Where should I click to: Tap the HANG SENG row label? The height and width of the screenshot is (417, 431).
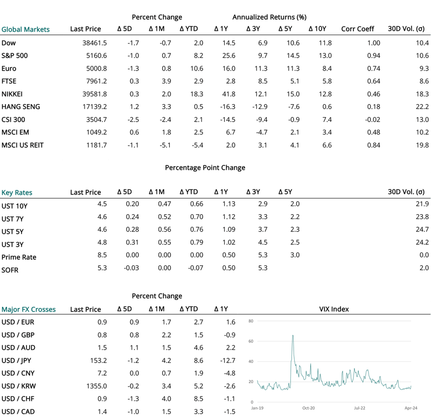click(21, 107)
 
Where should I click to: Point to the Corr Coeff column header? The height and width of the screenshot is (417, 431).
click(357, 29)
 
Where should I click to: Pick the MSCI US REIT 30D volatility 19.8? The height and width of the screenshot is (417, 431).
click(421, 146)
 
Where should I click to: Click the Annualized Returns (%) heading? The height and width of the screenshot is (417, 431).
click(269, 17)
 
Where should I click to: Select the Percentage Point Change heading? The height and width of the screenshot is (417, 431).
click(205, 167)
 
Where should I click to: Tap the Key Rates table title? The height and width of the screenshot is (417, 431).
click(17, 192)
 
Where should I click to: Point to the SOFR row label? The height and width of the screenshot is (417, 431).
click(10, 270)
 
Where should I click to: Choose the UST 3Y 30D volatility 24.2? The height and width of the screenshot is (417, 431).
click(421, 244)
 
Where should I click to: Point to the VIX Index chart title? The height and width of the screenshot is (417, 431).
click(333, 309)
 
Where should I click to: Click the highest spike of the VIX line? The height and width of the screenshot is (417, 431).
click(293, 336)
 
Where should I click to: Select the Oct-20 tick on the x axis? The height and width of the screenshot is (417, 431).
click(309, 408)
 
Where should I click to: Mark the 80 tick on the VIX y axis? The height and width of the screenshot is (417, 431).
click(251, 321)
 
